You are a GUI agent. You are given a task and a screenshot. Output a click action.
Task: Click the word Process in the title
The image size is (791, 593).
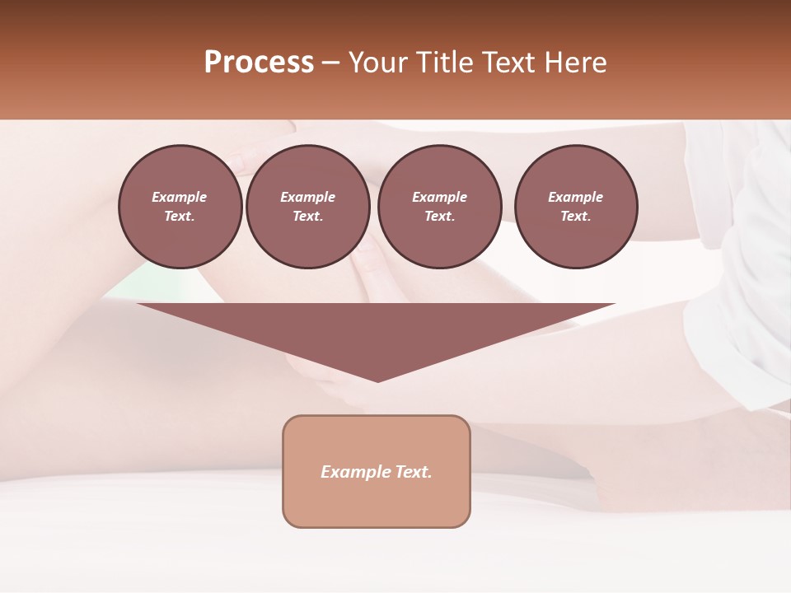point(259,63)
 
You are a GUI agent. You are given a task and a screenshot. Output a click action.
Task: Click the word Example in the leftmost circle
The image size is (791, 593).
point(180,197)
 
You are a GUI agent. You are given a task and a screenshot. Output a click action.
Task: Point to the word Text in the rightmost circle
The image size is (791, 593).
point(575,217)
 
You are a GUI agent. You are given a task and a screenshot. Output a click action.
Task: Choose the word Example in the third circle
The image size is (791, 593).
point(439,197)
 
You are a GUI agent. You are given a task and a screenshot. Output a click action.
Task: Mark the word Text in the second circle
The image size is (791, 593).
point(307,217)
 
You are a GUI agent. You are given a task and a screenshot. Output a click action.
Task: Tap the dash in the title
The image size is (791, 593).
point(330,63)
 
